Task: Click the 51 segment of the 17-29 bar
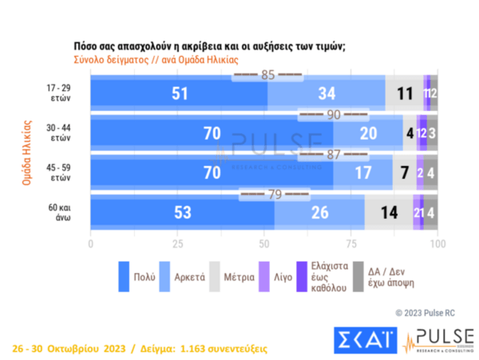pyautogui.click(x=179, y=93)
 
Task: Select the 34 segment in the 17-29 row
pyautogui.click(x=327, y=93)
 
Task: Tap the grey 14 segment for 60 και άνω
pyautogui.click(x=389, y=212)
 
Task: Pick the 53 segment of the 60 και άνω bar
pyautogui.click(x=182, y=212)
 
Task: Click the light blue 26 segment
pyautogui.click(x=319, y=212)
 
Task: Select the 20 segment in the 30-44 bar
pyautogui.click(x=368, y=133)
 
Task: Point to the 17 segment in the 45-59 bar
pyautogui.click(x=363, y=172)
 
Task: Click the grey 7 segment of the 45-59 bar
pyautogui.click(x=405, y=172)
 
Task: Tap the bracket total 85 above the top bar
pyautogui.click(x=267, y=75)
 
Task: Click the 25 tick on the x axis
pyautogui.click(x=177, y=242)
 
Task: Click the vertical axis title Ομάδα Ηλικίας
pyautogui.click(x=26, y=153)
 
